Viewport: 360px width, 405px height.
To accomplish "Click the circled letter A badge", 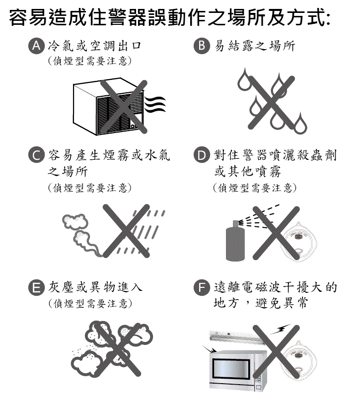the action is pos(36,46).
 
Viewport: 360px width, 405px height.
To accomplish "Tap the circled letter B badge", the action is pos(202,46).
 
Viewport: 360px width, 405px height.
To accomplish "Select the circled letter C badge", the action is pos(36,155).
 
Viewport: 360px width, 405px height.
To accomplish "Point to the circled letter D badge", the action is pos(202,155).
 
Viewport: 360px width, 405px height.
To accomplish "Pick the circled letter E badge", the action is pos(36,287).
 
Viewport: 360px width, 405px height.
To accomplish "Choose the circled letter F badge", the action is pos(202,287).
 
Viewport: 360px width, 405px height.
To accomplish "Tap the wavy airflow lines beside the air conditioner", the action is pos(155,104).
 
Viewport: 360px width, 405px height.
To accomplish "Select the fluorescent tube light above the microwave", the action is pos(236,337).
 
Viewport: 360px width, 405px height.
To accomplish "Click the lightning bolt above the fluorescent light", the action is pos(281,329).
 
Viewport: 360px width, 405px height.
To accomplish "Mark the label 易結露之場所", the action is pos(255,46).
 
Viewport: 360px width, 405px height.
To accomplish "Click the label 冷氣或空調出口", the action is pos(94,46).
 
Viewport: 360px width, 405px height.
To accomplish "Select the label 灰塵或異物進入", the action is pos(95,287).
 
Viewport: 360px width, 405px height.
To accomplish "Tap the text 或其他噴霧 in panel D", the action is pos(247,171).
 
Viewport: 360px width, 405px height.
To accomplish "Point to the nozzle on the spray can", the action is pos(236,223).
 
